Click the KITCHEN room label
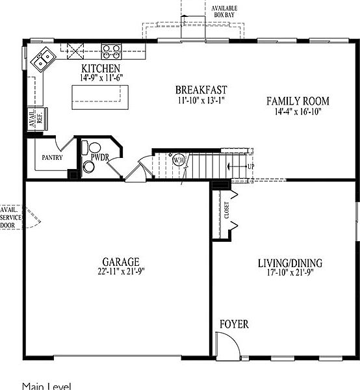[x=101, y=68]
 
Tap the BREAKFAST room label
[x=201, y=90]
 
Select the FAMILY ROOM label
[x=298, y=101]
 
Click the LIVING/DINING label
[x=290, y=263]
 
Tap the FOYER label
[x=233, y=324]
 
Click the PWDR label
[x=99, y=157]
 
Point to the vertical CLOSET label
[x=227, y=209]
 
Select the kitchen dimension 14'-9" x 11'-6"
[x=101, y=78]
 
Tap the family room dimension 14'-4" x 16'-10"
[x=298, y=111]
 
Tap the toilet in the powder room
[x=92, y=149]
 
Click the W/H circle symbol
[x=179, y=160]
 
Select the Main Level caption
[x=46, y=385]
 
